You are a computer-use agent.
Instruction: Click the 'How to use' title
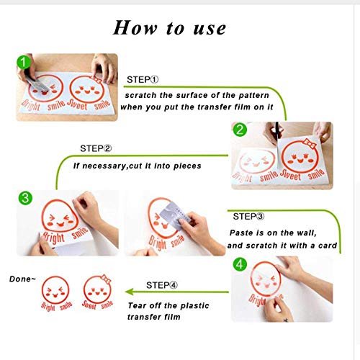169,28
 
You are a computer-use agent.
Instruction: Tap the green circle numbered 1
24,63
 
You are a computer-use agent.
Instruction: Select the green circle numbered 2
240,130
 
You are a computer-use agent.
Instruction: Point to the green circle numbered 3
25,198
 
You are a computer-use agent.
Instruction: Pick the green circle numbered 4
240,265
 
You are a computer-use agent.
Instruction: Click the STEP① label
143,79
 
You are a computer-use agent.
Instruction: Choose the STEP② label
96,148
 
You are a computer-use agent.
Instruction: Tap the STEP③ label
248,216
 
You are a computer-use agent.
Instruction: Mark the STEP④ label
162,285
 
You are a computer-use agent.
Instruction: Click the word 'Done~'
22,279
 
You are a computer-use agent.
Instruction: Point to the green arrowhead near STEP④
130,292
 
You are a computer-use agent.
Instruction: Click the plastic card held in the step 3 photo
174,215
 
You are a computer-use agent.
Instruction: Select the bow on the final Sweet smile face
106,279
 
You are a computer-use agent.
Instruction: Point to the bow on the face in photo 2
310,143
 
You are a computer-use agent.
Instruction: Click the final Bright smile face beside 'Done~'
55,293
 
